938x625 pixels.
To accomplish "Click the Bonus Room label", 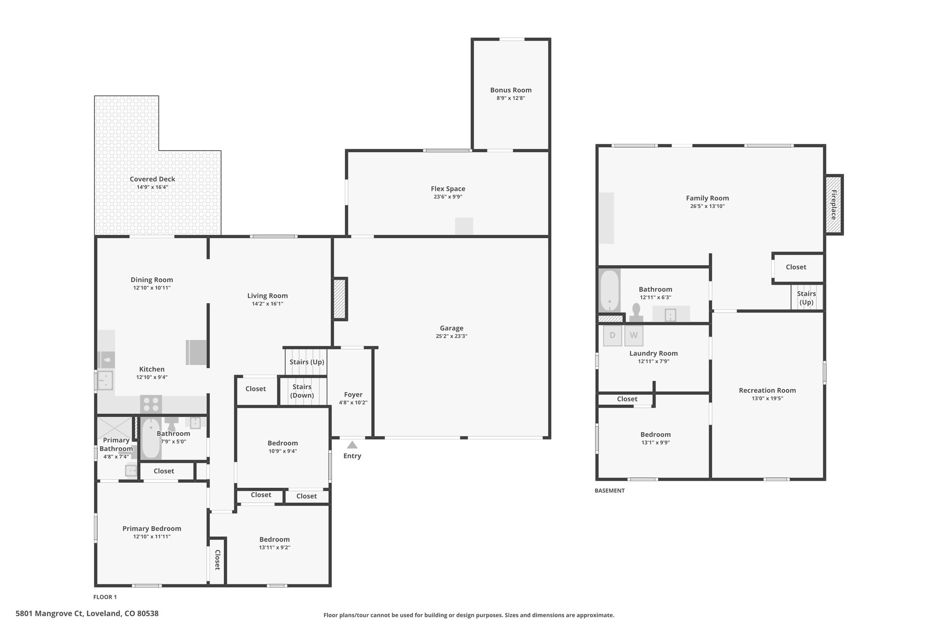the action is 511,90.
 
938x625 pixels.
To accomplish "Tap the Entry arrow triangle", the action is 352,445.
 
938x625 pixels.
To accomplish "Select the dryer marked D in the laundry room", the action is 612,336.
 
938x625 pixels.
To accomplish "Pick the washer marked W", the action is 634,336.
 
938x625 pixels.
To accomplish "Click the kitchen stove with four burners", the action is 151,404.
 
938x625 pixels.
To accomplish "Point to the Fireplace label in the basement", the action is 834,205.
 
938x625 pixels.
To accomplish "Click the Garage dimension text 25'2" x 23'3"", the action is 452,337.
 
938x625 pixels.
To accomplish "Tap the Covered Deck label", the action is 153,179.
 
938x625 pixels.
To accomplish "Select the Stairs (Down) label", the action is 302,391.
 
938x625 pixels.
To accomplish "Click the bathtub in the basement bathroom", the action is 610,290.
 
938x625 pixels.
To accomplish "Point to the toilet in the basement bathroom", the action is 636,313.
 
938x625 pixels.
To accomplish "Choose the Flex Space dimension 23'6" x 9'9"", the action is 448,197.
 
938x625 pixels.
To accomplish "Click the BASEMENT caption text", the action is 610,490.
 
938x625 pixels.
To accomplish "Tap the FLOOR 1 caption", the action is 105,597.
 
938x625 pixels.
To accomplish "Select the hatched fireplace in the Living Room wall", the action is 339,299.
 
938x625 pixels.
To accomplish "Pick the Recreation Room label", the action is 767,391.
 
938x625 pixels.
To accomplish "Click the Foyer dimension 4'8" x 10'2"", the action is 353,403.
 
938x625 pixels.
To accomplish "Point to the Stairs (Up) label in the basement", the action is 806,298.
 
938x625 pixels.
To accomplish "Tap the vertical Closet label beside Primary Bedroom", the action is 218,560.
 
